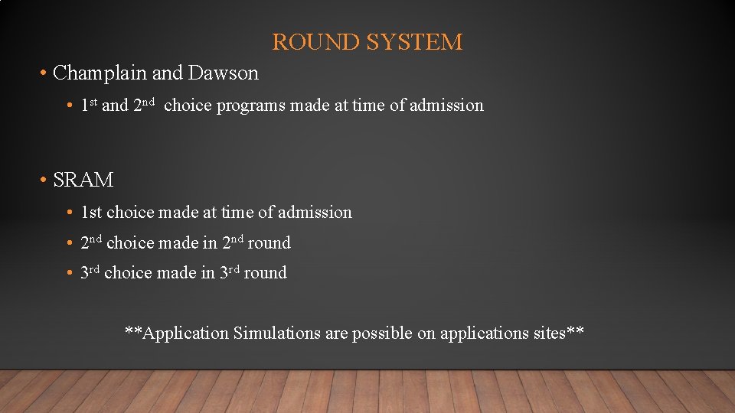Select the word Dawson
coord(224,73)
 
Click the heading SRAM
coord(83,180)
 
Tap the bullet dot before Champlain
coord(44,74)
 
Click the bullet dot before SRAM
coord(44,181)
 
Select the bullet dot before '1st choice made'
coord(70,213)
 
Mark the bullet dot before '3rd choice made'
coord(70,274)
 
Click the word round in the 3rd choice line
coord(265,273)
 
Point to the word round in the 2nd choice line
coord(269,243)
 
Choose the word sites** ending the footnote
coord(563,333)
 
